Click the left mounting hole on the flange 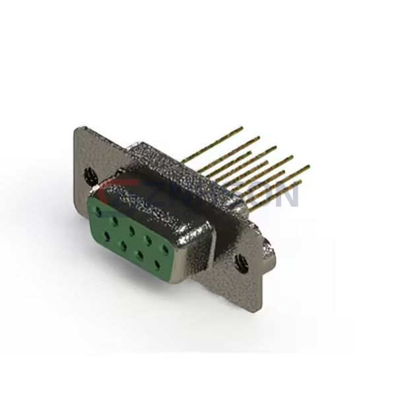point(88,175)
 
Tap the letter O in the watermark point(261,195)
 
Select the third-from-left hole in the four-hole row point(141,255)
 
